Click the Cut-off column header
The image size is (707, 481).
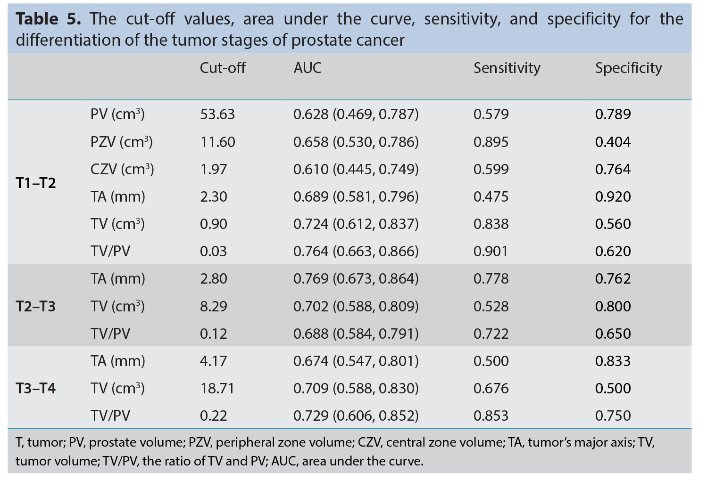point(223,68)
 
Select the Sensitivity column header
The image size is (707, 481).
point(507,68)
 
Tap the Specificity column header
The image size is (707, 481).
point(629,68)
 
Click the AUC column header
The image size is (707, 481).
point(308,68)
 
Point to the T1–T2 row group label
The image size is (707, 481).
point(36,183)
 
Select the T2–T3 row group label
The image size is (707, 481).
point(36,306)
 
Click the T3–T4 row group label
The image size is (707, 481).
point(36,388)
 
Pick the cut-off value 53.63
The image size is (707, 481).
point(217,114)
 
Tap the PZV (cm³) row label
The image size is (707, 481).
point(122,142)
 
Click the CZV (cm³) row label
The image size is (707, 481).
point(122,169)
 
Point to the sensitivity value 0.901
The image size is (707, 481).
point(491,251)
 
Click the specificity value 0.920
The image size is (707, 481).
point(613,196)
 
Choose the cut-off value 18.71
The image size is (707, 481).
point(217,388)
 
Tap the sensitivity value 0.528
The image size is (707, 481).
point(491,306)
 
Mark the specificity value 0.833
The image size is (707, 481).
point(613,361)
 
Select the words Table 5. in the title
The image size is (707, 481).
point(48,19)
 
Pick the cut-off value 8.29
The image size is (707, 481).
point(214,306)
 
